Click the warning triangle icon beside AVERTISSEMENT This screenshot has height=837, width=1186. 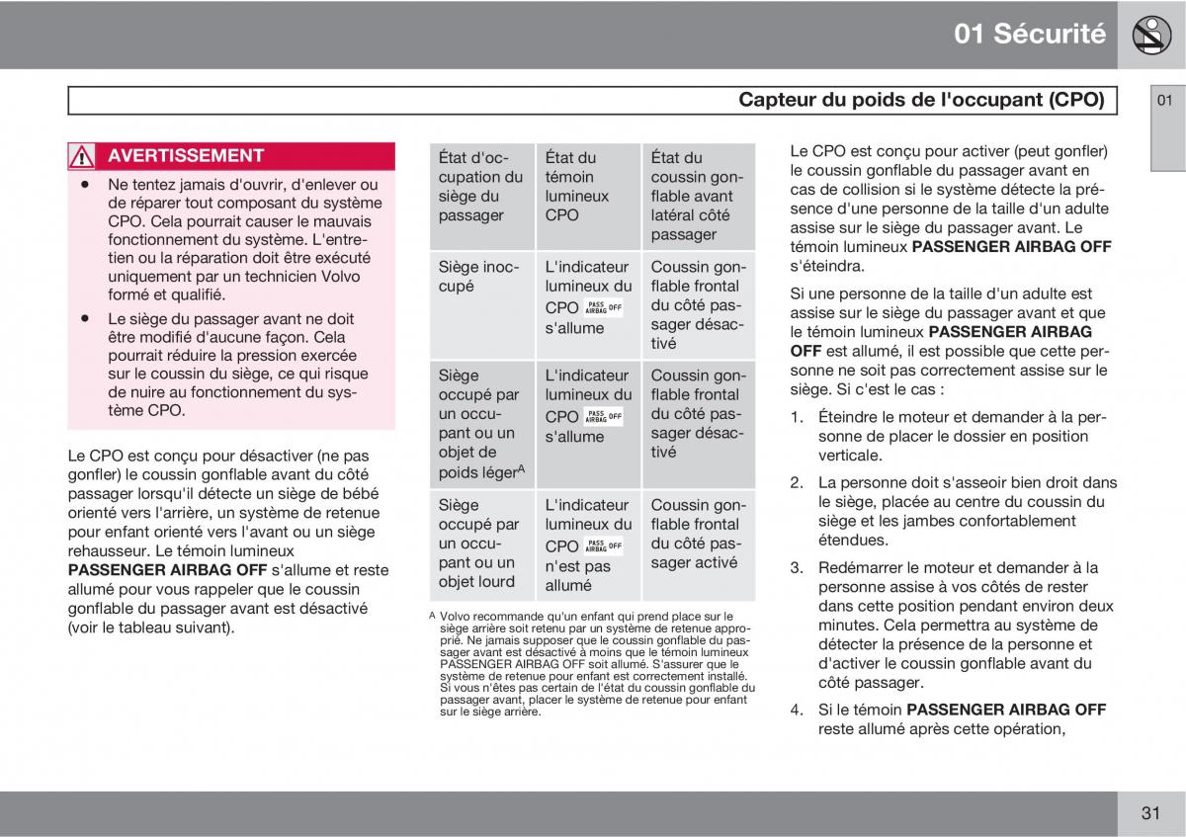tap(82, 156)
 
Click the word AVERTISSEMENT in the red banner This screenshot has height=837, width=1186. tap(186, 156)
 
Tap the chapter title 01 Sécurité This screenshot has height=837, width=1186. tap(1030, 34)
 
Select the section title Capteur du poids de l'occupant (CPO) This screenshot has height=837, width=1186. tap(921, 100)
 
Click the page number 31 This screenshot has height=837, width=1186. tap(1149, 813)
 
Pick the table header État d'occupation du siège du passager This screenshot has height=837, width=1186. tap(481, 186)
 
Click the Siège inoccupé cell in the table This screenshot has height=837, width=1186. tap(479, 276)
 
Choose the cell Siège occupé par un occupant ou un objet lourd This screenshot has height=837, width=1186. tap(481, 544)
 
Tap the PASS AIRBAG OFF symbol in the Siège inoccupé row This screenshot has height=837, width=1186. tap(603, 307)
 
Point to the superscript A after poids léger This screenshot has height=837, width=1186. tap(521, 467)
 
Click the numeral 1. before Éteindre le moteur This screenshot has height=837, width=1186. tap(797, 418)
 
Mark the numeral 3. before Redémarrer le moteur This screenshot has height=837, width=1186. tap(797, 568)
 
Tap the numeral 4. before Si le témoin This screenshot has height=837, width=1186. tap(797, 710)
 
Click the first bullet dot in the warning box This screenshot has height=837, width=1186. tap(87, 185)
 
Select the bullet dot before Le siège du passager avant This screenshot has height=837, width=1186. tap(87, 319)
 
